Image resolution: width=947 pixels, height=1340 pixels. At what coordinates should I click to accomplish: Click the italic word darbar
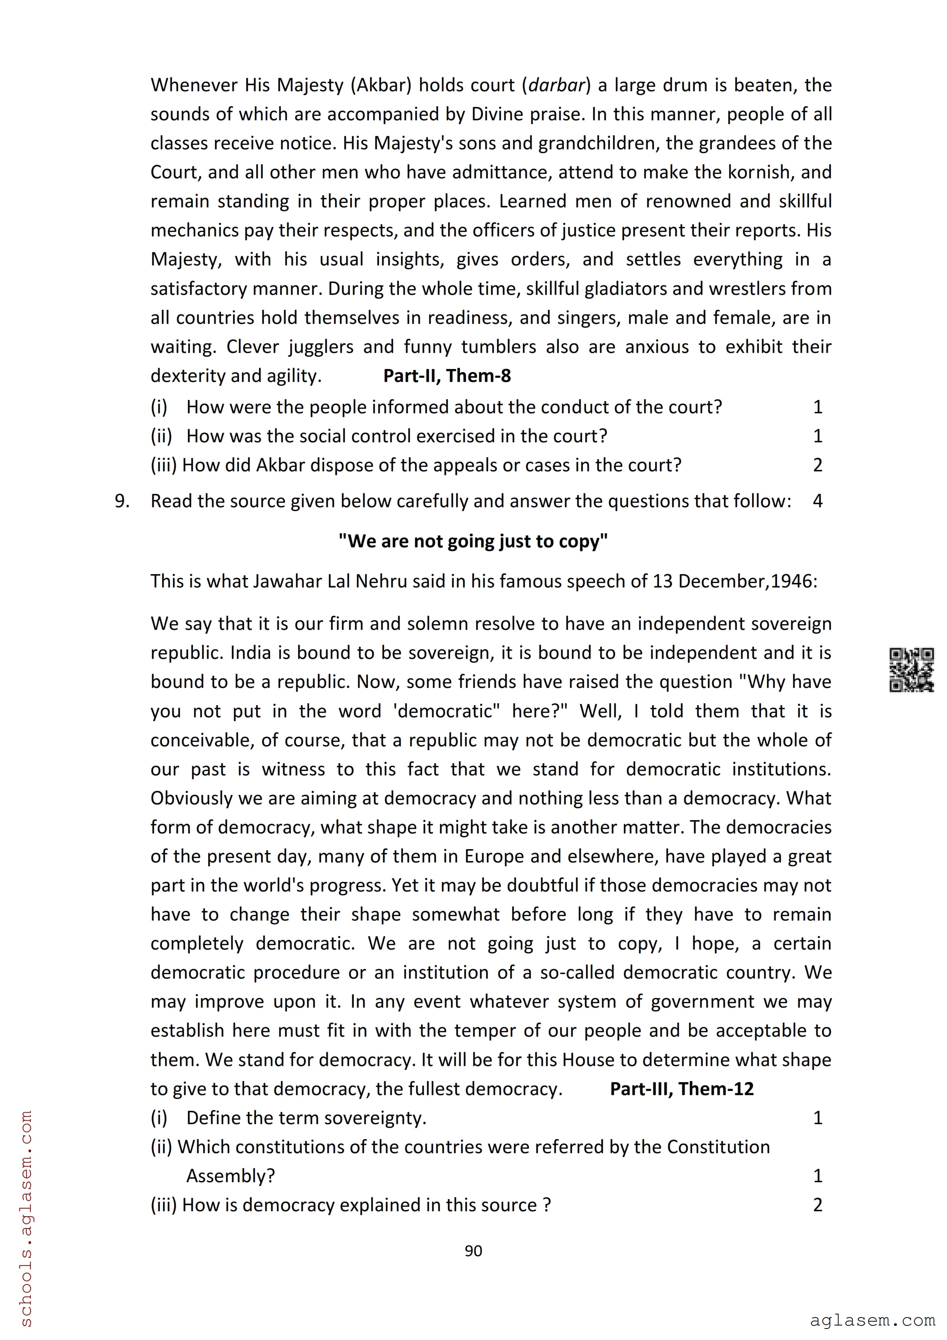click(556, 85)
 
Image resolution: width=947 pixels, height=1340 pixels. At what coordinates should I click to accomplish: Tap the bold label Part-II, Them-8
click(447, 376)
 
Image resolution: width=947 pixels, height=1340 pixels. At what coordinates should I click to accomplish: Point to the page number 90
click(473, 1251)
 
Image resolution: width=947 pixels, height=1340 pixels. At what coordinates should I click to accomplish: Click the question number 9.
click(121, 501)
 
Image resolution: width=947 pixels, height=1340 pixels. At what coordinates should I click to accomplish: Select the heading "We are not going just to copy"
click(473, 541)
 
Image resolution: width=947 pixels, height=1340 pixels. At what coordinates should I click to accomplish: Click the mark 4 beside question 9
click(817, 501)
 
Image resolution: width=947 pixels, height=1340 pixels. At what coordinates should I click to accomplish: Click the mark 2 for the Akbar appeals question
click(817, 465)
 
